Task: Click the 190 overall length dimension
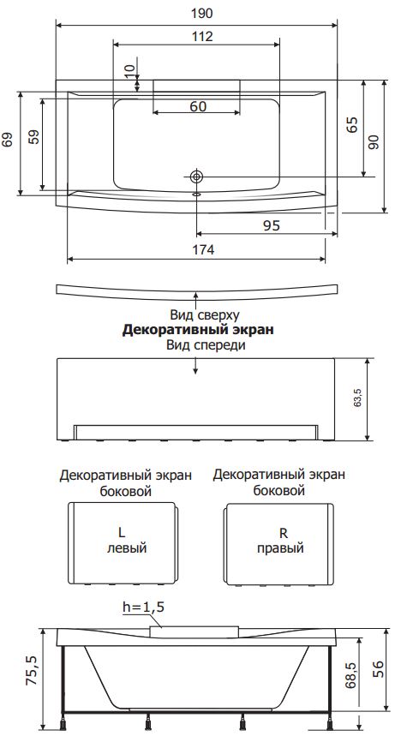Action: tap(201, 14)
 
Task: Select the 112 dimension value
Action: tap(202, 36)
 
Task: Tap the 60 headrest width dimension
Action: tap(198, 106)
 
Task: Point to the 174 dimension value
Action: tap(203, 249)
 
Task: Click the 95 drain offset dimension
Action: tap(272, 225)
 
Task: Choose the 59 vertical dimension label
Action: tap(33, 138)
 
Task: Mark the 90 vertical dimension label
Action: tap(374, 141)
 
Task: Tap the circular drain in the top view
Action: tap(196, 177)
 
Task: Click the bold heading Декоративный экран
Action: tap(198, 330)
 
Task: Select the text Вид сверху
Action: tap(205, 314)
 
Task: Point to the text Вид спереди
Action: tap(206, 345)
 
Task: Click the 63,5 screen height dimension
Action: tap(357, 398)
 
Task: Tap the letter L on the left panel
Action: tap(122, 532)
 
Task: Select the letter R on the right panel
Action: tap(284, 532)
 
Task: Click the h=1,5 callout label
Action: tap(144, 607)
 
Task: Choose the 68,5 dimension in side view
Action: tap(351, 675)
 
